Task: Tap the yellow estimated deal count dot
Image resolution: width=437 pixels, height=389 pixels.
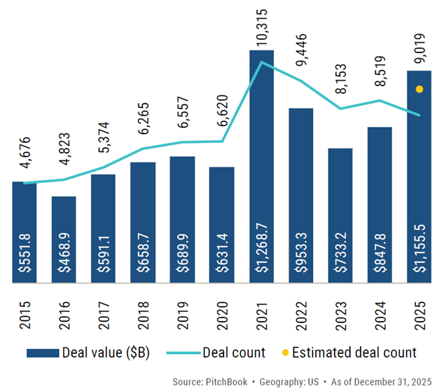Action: (x=419, y=89)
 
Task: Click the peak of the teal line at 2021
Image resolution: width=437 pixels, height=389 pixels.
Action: (x=261, y=62)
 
